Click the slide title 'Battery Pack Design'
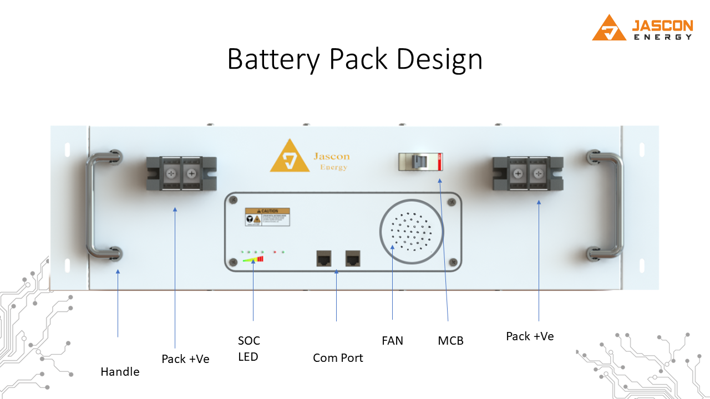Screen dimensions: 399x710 click(354, 59)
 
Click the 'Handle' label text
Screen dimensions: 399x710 click(120, 372)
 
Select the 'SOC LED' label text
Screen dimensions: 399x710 click(248, 349)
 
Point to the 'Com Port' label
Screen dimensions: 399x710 click(338, 358)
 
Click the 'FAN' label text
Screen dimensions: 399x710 click(392, 340)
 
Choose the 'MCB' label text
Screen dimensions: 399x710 click(450, 341)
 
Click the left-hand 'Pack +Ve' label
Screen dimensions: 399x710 click(185, 359)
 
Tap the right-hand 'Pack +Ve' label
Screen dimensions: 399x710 click(530, 336)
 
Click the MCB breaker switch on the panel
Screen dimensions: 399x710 click(420, 162)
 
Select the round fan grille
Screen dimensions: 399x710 click(412, 232)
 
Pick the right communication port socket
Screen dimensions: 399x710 click(353, 258)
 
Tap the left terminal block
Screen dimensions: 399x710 click(181, 173)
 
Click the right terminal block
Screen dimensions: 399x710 click(528, 173)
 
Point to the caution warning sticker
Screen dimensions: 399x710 click(267, 217)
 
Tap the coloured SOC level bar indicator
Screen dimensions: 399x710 click(253, 259)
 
